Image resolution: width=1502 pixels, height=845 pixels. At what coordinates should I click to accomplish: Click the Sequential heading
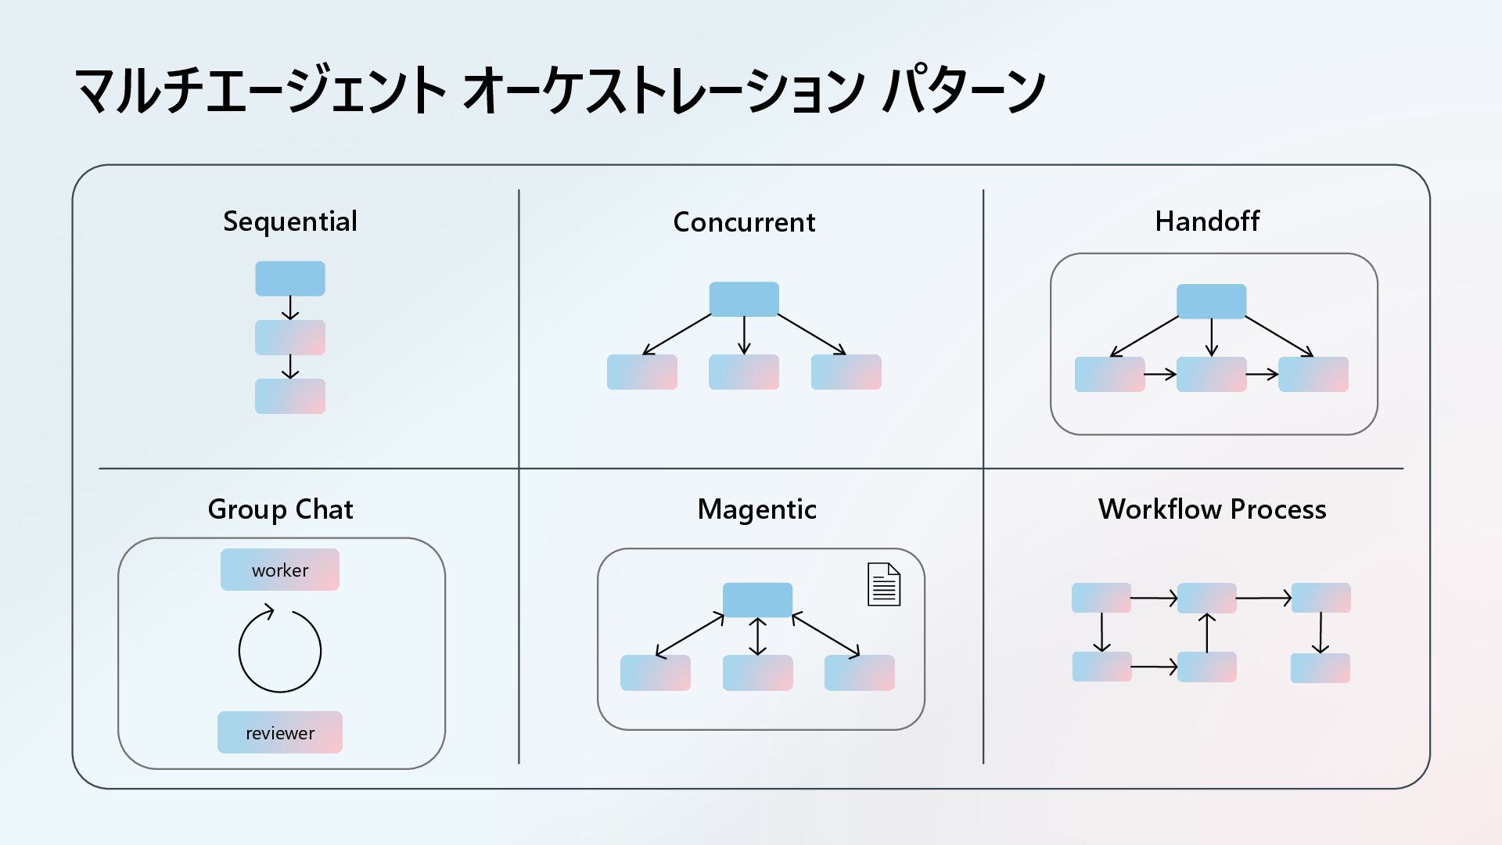(x=290, y=221)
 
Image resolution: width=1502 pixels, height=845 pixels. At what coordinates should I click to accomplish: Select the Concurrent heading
(x=744, y=222)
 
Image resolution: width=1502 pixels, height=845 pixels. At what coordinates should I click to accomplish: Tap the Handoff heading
(x=1207, y=221)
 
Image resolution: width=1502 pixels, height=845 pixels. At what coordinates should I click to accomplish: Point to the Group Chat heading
(x=280, y=509)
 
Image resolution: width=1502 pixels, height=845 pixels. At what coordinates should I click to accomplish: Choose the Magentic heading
(x=756, y=509)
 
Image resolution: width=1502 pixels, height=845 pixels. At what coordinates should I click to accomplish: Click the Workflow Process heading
(x=1212, y=509)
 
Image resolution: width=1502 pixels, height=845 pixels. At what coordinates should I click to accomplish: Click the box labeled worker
(x=280, y=570)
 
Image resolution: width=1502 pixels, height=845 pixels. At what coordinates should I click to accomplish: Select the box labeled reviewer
(x=280, y=732)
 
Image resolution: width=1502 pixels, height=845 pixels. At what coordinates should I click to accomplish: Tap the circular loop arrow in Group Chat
(x=280, y=650)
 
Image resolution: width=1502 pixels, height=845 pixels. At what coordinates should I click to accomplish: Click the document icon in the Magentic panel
(x=884, y=584)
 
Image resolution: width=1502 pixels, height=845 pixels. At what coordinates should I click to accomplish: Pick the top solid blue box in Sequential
(x=290, y=279)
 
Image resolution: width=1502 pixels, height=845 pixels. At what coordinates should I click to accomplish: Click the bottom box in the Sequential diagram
(x=290, y=396)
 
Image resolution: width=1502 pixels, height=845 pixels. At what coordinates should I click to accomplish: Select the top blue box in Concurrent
(x=744, y=299)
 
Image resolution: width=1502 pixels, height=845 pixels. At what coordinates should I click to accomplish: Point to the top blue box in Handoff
(x=1211, y=301)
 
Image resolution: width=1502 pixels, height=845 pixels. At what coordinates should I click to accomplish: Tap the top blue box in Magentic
(x=757, y=599)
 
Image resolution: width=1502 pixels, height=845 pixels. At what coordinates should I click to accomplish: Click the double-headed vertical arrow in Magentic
(x=757, y=636)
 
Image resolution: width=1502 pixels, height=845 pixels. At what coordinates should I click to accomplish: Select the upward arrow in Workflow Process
(x=1207, y=633)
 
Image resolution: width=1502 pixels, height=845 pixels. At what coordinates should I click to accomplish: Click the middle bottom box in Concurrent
(x=744, y=372)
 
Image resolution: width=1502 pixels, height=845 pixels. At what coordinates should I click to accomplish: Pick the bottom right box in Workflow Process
(x=1321, y=668)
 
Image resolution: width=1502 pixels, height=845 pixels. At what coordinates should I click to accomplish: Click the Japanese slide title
(x=560, y=90)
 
